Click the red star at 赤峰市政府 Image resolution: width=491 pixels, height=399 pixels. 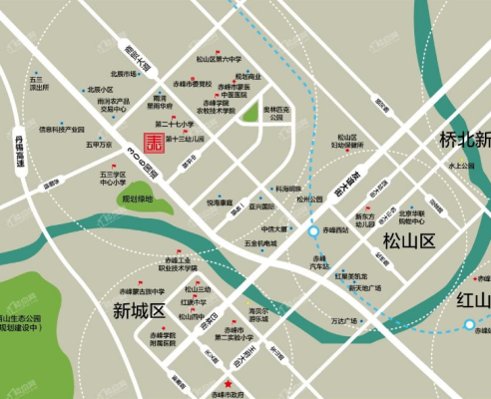coord(230,383)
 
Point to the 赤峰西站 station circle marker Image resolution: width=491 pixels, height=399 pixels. coord(313,231)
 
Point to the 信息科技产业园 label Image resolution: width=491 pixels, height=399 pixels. coord(62,129)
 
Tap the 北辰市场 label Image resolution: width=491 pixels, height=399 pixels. coord(123,73)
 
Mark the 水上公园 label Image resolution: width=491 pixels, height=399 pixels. coord(464,166)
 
